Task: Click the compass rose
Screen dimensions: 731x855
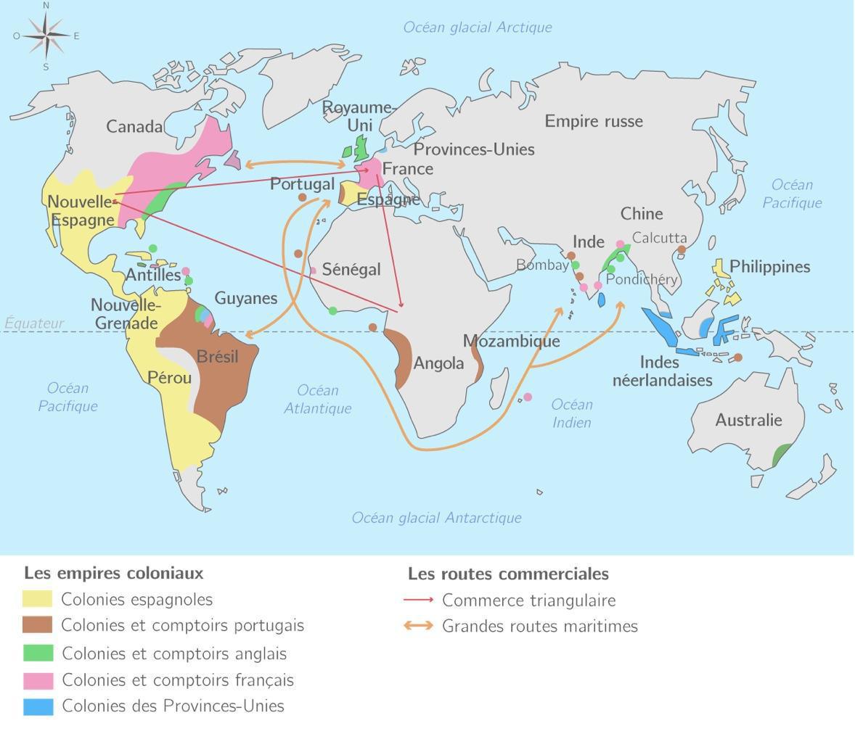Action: click(x=46, y=35)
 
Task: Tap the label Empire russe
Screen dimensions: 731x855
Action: click(x=594, y=121)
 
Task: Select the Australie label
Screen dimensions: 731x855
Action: click(x=748, y=420)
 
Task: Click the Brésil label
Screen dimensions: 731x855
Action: click(x=217, y=357)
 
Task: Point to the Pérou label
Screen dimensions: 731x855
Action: click(x=169, y=377)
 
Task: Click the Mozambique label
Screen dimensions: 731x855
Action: click(x=511, y=341)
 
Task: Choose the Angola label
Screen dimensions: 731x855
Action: click(x=438, y=363)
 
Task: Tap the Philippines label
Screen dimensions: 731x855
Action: click(x=769, y=267)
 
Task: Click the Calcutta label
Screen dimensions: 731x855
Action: click(x=659, y=238)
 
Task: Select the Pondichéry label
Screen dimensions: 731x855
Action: click(x=642, y=279)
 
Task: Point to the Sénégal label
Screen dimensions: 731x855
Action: click(x=351, y=270)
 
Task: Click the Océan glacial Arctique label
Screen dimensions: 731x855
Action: click(x=478, y=28)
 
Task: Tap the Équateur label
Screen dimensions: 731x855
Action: click(x=34, y=323)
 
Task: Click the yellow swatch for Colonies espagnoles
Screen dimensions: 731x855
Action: click(x=38, y=599)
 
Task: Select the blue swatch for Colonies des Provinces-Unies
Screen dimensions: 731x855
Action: click(x=38, y=706)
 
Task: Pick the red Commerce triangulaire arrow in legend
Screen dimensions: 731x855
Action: click(x=419, y=600)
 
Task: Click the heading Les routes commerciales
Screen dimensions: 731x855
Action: click(x=508, y=574)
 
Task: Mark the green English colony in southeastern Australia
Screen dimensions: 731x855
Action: click(x=781, y=455)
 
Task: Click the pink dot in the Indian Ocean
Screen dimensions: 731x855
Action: click(x=528, y=397)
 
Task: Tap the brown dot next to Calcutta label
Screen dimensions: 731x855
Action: click(x=682, y=249)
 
